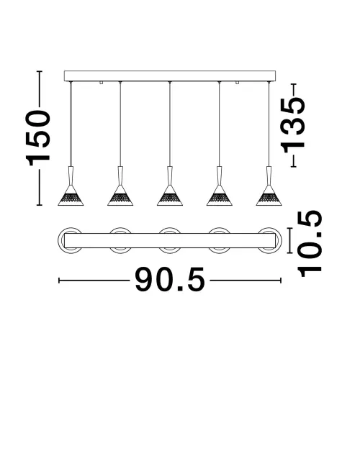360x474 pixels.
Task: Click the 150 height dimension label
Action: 38,139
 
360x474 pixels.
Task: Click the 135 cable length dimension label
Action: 294,122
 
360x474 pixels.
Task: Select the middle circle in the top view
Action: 169,240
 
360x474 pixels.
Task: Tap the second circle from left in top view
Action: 120,240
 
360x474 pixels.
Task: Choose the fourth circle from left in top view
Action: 219,240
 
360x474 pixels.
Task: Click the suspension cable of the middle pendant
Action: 169,122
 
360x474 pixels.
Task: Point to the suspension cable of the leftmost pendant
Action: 71,122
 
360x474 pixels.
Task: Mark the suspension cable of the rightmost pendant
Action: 269,122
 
